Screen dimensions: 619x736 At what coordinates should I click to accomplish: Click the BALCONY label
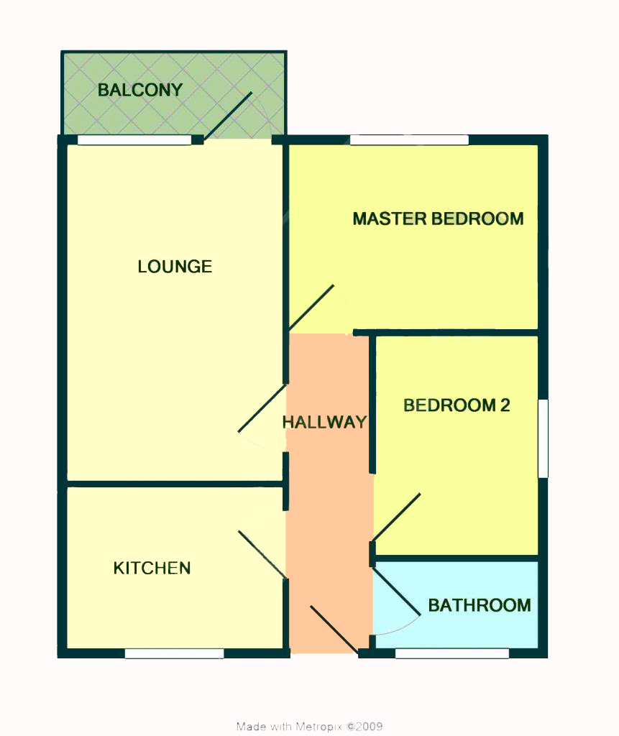pyautogui.click(x=140, y=90)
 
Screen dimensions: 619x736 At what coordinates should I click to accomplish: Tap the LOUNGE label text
pyautogui.click(x=175, y=267)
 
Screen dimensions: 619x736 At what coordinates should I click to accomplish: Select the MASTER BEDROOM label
pyautogui.click(x=438, y=218)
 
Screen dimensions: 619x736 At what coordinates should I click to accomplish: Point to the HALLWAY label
pyautogui.click(x=324, y=422)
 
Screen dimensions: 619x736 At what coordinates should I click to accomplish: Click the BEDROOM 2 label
pyautogui.click(x=457, y=405)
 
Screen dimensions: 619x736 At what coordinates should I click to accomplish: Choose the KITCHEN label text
pyautogui.click(x=152, y=569)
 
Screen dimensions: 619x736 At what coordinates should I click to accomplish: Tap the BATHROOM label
pyautogui.click(x=480, y=605)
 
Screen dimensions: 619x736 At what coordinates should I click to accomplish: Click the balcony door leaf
pyautogui.click(x=228, y=115)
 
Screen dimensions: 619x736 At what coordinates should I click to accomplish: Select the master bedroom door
pyautogui.click(x=311, y=308)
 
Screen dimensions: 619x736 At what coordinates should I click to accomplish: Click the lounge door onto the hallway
pyautogui.click(x=262, y=408)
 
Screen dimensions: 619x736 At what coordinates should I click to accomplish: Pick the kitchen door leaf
pyautogui.click(x=262, y=555)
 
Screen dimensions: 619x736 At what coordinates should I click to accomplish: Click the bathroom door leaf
pyautogui.click(x=396, y=591)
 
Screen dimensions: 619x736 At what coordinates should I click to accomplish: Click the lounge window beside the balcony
pyautogui.click(x=134, y=140)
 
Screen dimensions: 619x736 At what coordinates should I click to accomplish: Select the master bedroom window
pyautogui.click(x=409, y=140)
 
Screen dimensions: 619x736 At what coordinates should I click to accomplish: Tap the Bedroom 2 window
pyautogui.click(x=543, y=438)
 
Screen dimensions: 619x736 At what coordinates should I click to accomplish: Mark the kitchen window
pyautogui.click(x=174, y=653)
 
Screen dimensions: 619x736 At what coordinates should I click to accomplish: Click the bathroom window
pyautogui.click(x=451, y=653)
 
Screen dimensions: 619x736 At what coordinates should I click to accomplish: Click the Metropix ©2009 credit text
pyautogui.click(x=309, y=727)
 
